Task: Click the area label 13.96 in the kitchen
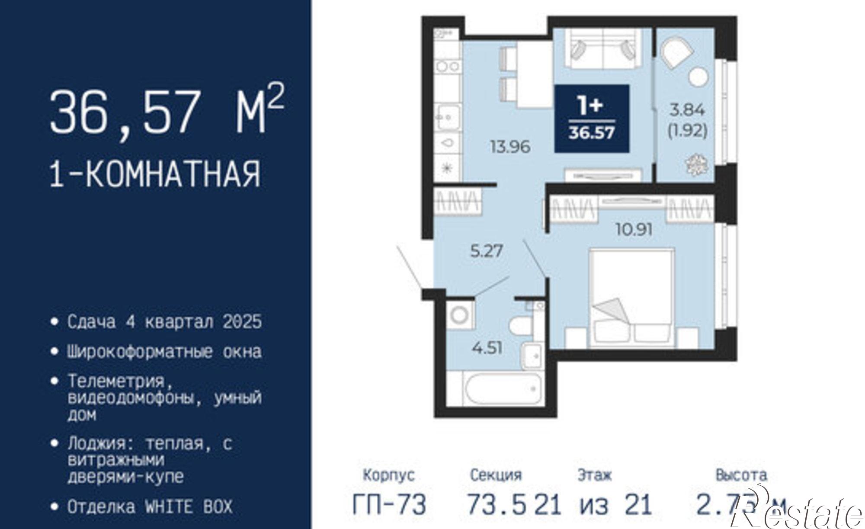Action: (x=510, y=147)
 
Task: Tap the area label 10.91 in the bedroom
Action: (x=634, y=229)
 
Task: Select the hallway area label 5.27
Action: (x=487, y=251)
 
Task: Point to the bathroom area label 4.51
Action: (x=487, y=347)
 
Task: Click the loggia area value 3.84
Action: (x=687, y=110)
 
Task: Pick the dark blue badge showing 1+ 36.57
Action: (x=591, y=119)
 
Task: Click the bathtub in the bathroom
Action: (x=503, y=391)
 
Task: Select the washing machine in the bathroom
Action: (x=460, y=314)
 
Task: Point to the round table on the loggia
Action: (x=698, y=77)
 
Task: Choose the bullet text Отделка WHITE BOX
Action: (x=150, y=507)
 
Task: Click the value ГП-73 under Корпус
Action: (x=389, y=504)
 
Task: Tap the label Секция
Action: (x=496, y=475)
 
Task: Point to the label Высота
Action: (x=741, y=475)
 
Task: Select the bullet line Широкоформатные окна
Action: (x=164, y=352)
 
